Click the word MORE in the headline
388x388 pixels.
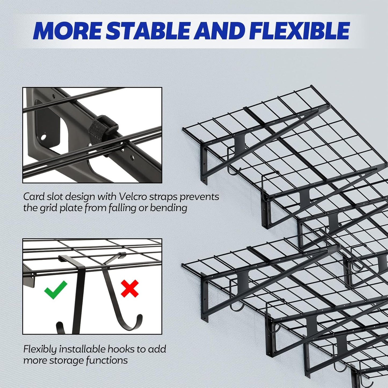pyautogui.click(x=68, y=31)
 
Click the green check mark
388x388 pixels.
pyautogui.click(x=56, y=290)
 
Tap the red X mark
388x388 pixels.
pyautogui.click(x=130, y=288)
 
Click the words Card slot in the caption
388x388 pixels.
pyautogui.click(x=43, y=197)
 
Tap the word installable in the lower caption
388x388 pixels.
pyautogui.click(x=82, y=349)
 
